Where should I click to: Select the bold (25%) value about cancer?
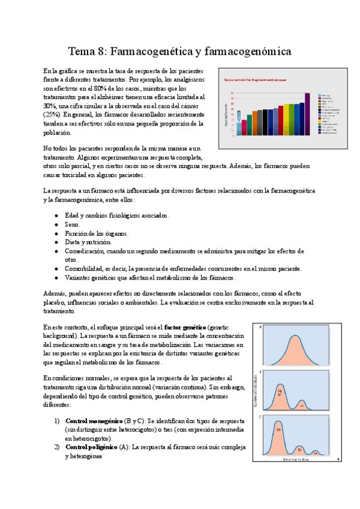click(52, 113)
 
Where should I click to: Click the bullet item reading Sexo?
click(74, 224)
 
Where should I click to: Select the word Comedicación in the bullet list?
click(84, 251)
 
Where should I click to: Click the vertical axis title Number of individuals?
click(256, 393)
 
